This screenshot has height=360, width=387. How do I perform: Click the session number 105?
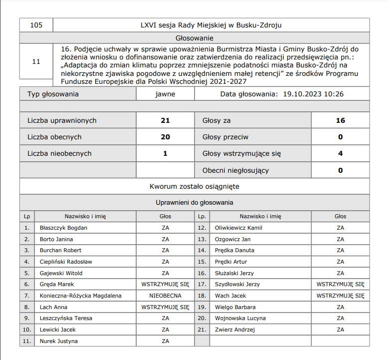coord(36,25)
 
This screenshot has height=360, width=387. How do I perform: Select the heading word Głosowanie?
coord(194,37)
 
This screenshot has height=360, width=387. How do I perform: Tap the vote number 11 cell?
coord(36,62)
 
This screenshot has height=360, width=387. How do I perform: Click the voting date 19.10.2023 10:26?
coord(313,94)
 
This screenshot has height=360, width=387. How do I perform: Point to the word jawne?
coord(165,94)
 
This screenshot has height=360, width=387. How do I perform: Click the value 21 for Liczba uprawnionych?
coord(165,121)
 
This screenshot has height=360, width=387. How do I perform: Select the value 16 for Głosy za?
coord(340,121)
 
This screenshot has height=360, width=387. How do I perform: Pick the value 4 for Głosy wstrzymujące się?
coord(340,154)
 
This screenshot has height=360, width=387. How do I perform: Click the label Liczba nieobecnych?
coord(59,154)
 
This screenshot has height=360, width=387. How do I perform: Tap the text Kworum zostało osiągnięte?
coord(194,186)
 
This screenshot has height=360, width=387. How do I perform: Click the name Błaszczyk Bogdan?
coord(63,228)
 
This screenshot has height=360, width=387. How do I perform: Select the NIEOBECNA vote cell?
coord(165,296)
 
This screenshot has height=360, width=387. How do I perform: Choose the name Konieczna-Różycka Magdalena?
coord(80,296)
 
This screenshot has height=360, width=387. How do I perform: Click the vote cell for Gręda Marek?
coord(165,284)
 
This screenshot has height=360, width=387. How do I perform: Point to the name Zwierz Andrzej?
coord(234,330)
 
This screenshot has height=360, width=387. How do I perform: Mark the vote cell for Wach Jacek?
coord(340,296)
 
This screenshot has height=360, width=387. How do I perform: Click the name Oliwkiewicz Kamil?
coord(238,228)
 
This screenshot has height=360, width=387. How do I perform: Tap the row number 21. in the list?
coord(202,330)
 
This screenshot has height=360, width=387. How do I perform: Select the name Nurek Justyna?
coord(58,341)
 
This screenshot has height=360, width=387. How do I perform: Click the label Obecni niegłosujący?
coord(235,170)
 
